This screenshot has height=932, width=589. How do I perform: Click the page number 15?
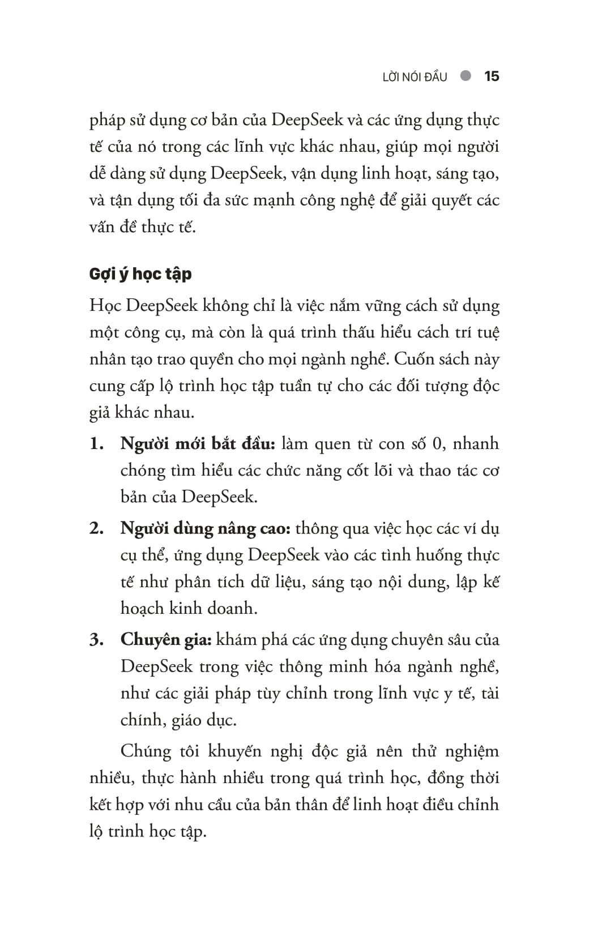[492, 76]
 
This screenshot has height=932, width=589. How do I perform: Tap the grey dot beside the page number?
[466, 76]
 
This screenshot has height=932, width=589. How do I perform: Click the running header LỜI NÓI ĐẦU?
[415, 77]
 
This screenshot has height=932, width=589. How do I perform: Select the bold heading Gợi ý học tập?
[140, 274]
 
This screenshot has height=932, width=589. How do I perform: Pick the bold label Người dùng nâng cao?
[206, 529]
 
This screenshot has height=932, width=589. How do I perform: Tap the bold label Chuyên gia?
[166, 640]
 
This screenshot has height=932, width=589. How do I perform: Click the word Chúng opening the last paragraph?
[146, 751]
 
